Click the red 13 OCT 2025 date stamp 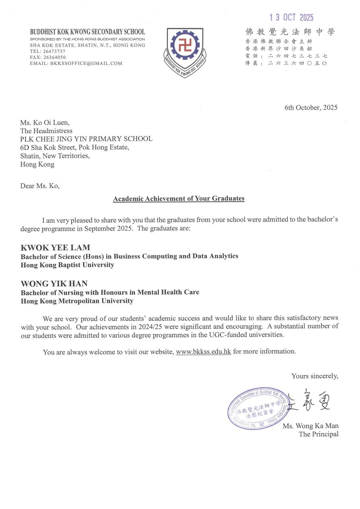tap(292, 17)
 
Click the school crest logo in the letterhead tap(185, 52)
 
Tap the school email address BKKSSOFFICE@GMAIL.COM tap(76, 63)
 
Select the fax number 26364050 tap(54, 57)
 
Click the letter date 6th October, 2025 tap(311, 108)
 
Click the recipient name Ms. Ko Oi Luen tap(47, 122)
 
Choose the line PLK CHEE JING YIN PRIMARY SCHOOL tap(86, 139)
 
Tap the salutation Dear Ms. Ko tap(40, 186)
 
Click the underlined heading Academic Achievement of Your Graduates tap(179, 198)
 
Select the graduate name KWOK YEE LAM tap(55, 248)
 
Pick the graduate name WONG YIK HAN tap(54, 284)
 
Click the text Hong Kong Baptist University tap(67, 265)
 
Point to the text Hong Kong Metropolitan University tap(77, 301)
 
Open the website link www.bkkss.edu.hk tap(203, 352)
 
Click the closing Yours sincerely tap(315, 376)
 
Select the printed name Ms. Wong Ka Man tap(311, 426)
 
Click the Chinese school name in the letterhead tap(290, 32)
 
